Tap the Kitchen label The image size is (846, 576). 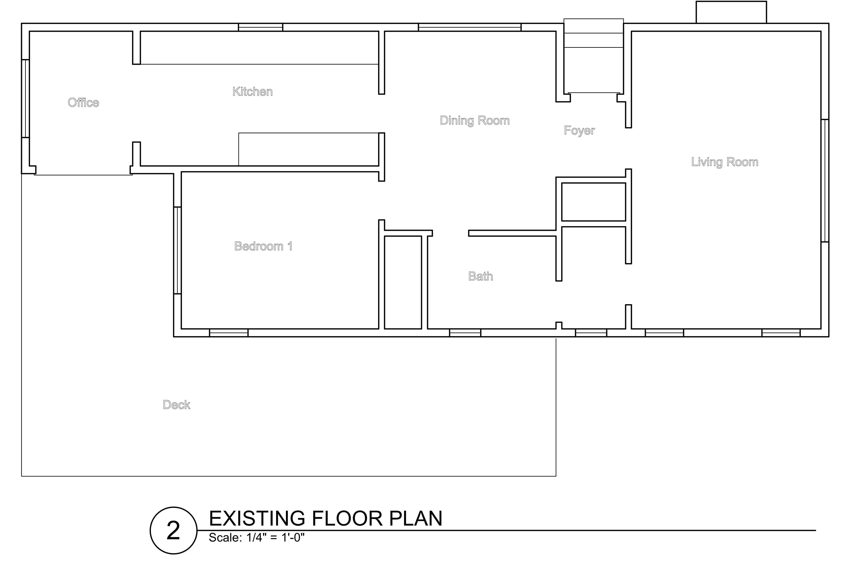pyautogui.click(x=253, y=91)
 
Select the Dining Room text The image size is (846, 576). pyautogui.click(x=475, y=120)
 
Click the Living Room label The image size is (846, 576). pyautogui.click(x=725, y=162)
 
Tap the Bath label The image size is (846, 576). pyautogui.click(x=480, y=276)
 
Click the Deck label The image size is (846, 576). pyautogui.click(x=177, y=405)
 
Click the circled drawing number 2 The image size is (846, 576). pyautogui.click(x=174, y=531)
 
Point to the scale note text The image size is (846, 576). pyautogui.click(x=257, y=537)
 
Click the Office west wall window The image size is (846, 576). pyautogui.click(x=26, y=99)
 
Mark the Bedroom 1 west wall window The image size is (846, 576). pyautogui.click(x=177, y=250)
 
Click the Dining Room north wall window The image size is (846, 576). pyautogui.click(x=470, y=27)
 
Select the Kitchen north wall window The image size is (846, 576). pyautogui.click(x=261, y=27)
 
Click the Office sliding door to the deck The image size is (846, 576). pyautogui.click(x=83, y=174)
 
